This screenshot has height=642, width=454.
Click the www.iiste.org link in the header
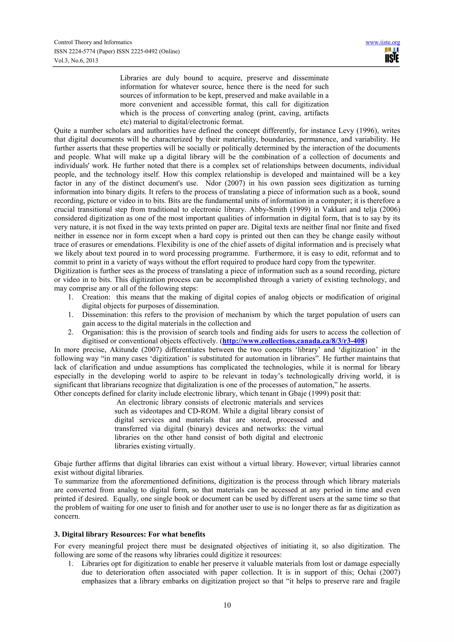tap(382, 43)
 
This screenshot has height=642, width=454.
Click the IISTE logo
tap(392, 55)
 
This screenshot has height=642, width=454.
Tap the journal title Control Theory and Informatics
tap(93, 42)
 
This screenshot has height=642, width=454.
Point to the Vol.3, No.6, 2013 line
tap(76, 60)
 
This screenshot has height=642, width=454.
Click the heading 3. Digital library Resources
tap(129, 534)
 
